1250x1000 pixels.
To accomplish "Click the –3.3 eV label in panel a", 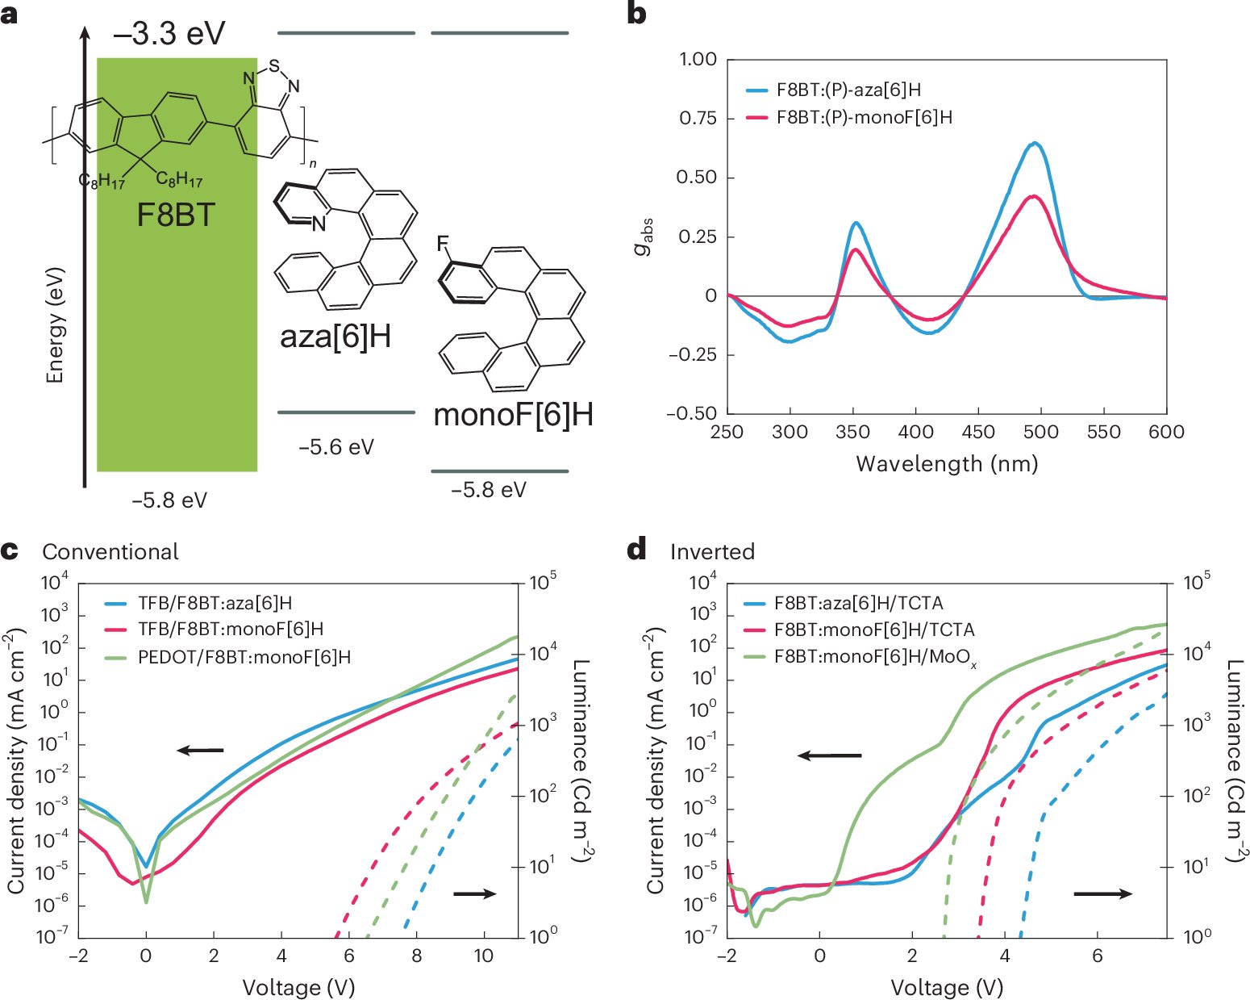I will tap(169, 34).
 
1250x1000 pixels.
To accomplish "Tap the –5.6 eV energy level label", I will tap(336, 447).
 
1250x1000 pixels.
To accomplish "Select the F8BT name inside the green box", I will tap(176, 215).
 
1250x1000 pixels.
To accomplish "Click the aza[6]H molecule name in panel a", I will tap(335, 336).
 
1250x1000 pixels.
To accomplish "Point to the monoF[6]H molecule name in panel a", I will tap(513, 415).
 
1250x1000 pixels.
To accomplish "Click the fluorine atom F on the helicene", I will tap(442, 243).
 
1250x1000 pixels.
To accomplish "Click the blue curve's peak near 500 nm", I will tap(1035, 144).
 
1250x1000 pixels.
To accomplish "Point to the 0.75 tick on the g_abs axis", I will tap(698, 119).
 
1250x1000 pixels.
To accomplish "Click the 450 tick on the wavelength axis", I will tap(977, 433).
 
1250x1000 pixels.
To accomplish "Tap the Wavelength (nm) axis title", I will tap(947, 464).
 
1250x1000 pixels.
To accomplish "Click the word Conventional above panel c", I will tap(110, 552).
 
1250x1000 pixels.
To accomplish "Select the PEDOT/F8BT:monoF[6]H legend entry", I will tap(244, 657).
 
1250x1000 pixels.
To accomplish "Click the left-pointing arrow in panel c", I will tap(200, 751).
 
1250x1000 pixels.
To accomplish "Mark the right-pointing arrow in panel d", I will tap(1102, 893).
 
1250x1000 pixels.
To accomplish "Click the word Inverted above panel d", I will tap(712, 552).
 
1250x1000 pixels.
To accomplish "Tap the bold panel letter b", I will tap(636, 14).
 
